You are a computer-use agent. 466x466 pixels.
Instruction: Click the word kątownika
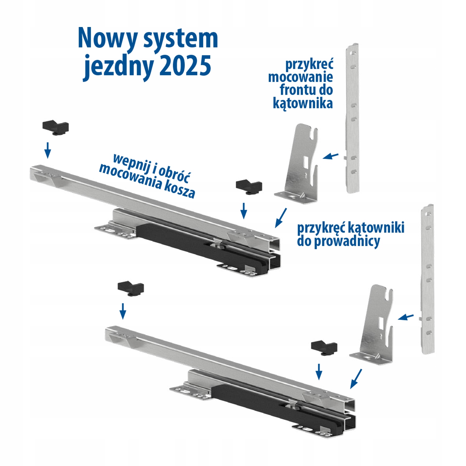tap(303, 103)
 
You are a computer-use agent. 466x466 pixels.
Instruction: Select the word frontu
tap(295, 90)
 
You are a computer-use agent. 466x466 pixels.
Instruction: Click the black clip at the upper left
tap(55, 128)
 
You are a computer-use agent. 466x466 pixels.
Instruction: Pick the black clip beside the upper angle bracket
tap(249, 186)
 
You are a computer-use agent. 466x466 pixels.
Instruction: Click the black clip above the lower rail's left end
tap(131, 289)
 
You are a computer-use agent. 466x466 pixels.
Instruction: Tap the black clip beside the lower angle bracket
tap(324, 348)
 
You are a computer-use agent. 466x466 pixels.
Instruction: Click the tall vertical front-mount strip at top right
tap(353, 118)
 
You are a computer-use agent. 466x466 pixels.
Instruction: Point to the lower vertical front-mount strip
tap(427, 280)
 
